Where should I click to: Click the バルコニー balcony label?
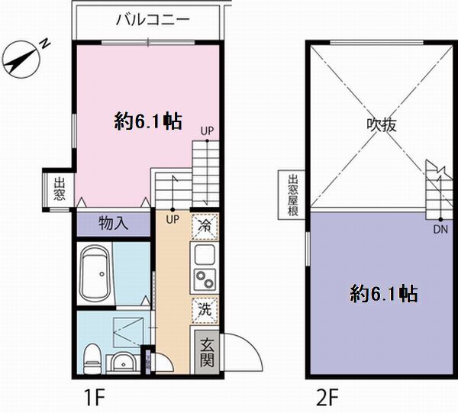(152, 21)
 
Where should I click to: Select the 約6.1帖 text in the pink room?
(147, 121)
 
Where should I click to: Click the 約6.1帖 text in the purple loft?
(383, 294)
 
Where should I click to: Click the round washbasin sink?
(121, 361)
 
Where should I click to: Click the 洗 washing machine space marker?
(204, 308)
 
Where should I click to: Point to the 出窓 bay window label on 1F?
(59, 189)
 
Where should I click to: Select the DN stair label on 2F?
(440, 227)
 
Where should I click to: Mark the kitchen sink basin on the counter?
(205, 253)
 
